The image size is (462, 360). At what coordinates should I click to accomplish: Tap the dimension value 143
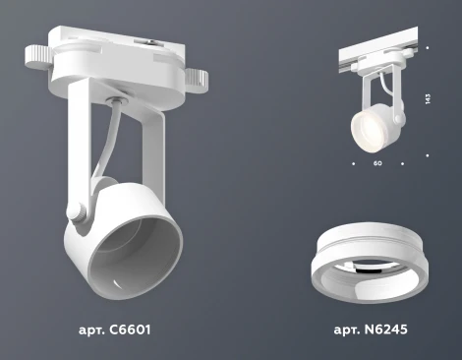pos(430,99)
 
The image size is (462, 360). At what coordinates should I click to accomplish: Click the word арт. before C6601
pos(93,328)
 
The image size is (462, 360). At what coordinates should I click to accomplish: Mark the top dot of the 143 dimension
pos(430,47)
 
